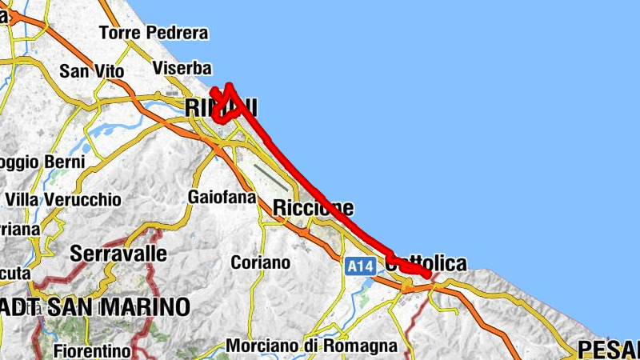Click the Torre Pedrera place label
click(154, 34)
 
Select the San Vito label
click(92, 71)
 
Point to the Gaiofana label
click(222, 197)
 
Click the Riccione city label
click(313, 208)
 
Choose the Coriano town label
click(260, 262)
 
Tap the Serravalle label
click(119, 254)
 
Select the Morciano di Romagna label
click(312, 346)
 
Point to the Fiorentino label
click(92, 350)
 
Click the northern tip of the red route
click(230, 85)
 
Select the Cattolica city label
click(425, 263)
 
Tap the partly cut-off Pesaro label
click(608, 349)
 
